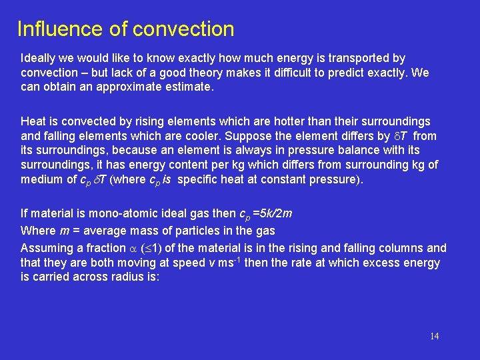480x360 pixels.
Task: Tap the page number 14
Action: click(x=434, y=336)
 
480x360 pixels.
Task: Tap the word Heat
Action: click(x=33, y=122)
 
